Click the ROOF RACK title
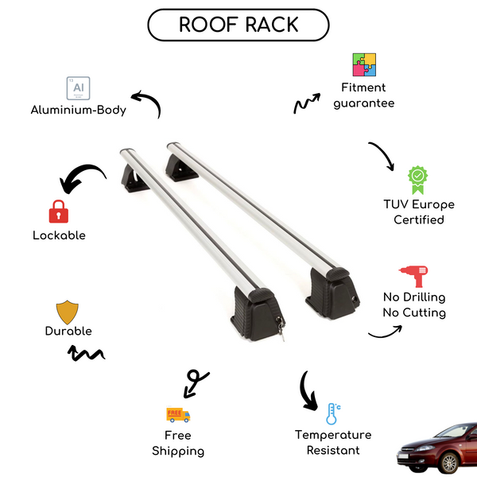point(238,25)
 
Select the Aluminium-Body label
point(79,111)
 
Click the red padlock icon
point(58,211)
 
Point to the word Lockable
point(59,235)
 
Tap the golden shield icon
point(68,311)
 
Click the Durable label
point(68,331)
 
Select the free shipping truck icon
point(178,414)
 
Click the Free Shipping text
point(178,443)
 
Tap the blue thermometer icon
point(332,413)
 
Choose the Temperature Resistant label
point(333,443)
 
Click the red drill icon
point(413,275)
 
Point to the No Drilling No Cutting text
point(413,304)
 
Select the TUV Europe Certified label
point(418,211)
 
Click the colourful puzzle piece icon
point(364,65)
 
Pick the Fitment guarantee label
point(364,95)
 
